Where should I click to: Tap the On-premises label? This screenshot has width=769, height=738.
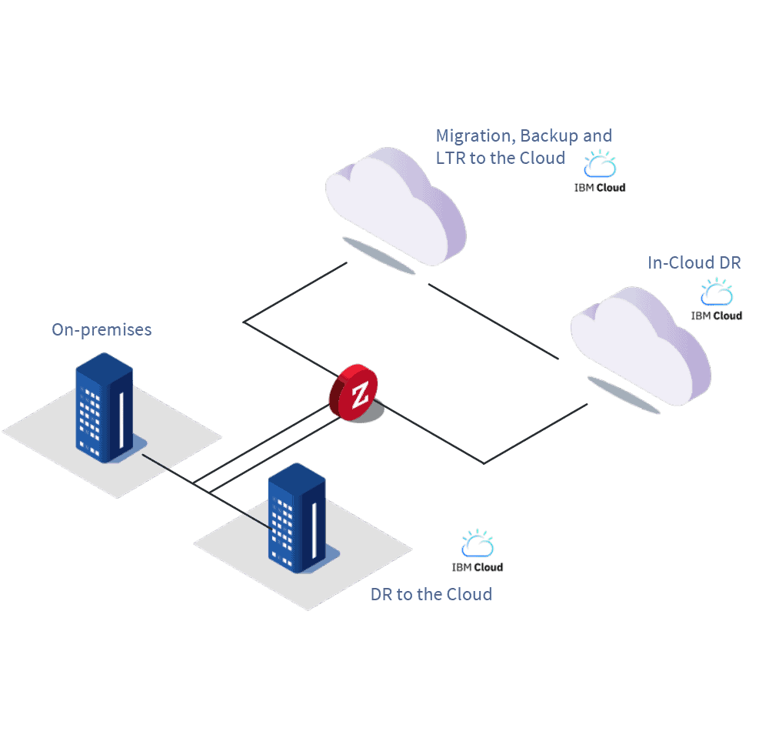click(x=102, y=330)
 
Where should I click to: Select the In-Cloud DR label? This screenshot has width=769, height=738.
click(x=694, y=263)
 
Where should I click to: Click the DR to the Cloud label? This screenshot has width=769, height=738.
click(x=431, y=594)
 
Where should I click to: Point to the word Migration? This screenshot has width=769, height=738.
click(x=474, y=136)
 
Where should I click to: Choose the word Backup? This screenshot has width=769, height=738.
click(x=549, y=136)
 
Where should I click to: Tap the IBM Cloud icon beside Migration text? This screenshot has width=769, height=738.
click(x=600, y=171)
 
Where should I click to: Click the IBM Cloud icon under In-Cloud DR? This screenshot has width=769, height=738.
click(x=717, y=299)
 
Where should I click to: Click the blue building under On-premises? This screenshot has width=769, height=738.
click(x=104, y=408)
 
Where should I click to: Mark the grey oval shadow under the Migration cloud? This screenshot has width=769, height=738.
click(x=378, y=255)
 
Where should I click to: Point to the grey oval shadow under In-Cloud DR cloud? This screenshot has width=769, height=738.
click(x=623, y=395)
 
